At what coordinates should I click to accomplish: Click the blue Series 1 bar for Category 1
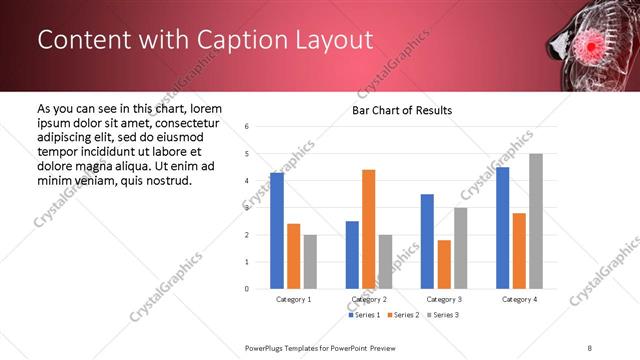(x=277, y=231)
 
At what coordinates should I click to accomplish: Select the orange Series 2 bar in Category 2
(x=368, y=229)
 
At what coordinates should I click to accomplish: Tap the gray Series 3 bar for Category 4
(x=535, y=221)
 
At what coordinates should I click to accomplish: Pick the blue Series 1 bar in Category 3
(x=427, y=241)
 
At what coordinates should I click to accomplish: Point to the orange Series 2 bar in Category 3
(x=443, y=264)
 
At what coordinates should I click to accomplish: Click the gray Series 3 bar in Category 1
(x=310, y=262)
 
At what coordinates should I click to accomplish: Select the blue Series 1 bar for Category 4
(x=502, y=228)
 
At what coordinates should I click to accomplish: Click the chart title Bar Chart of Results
(x=401, y=110)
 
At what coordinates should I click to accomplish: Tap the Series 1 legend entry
(x=363, y=315)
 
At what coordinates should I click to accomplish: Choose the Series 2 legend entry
(x=402, y=315)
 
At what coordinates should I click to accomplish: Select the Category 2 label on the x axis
(x=368, y=299)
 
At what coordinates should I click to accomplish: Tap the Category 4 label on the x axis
(x=518, y=299)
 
